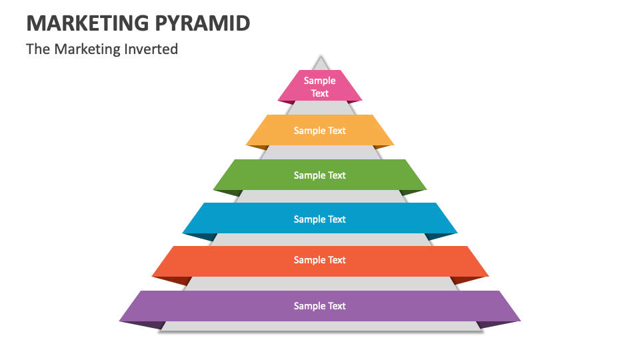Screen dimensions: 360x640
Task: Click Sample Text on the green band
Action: point(320,175)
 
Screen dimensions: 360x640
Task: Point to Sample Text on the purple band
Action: point(320,306)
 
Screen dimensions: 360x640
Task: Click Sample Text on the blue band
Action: point(320,219)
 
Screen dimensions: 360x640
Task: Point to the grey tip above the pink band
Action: point(321,64)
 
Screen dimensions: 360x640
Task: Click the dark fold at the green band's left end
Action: point(228,193)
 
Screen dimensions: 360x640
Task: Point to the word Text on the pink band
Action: point(320,93)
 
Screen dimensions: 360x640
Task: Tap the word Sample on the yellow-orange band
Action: point(309,131)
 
